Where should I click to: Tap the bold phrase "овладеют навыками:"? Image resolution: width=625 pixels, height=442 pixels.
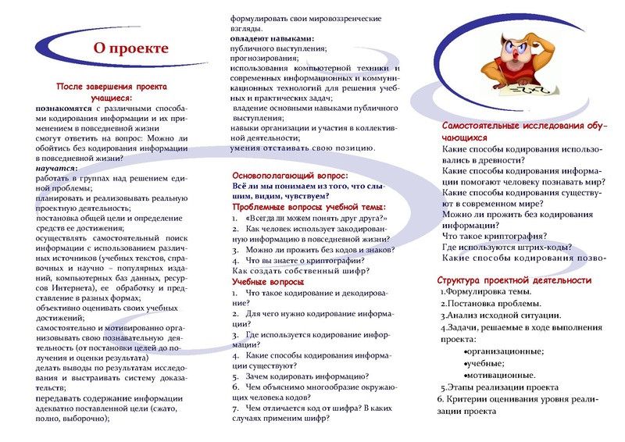pos(272,38)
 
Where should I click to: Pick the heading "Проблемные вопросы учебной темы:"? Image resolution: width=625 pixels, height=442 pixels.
pos(309,208)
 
